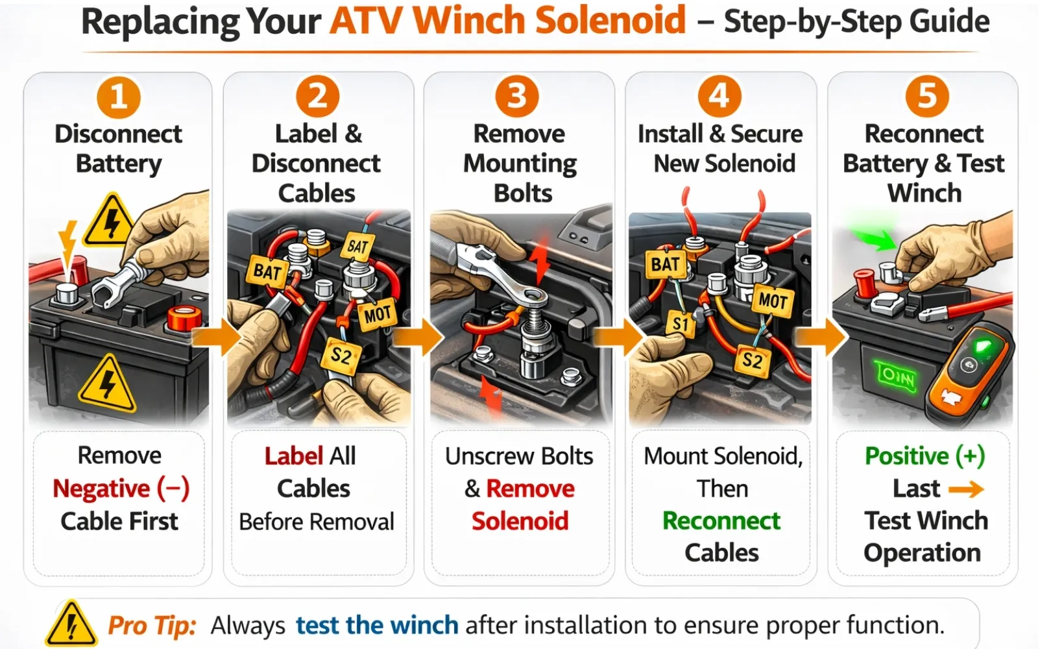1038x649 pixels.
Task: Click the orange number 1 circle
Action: click(119, 97)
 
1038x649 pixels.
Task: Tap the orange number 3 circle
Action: click(517, 97)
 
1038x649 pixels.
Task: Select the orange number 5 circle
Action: click(927, 97)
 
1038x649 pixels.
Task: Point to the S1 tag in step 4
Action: click(681, 323)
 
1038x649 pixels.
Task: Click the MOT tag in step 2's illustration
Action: click(377, 315)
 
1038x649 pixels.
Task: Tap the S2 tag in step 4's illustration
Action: click(752, 360)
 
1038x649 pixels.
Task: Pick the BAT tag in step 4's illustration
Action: click(665, 265)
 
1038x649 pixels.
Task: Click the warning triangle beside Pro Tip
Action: click(71, 624)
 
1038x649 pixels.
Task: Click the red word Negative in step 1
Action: click(101, 489)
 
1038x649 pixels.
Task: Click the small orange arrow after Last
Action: click(966, 489)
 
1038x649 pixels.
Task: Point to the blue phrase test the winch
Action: click(377, 625)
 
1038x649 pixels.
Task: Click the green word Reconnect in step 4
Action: click(721, 520)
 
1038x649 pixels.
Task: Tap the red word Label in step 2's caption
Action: click(293, 456)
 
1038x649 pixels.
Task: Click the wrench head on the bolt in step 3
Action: click(536, 297)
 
